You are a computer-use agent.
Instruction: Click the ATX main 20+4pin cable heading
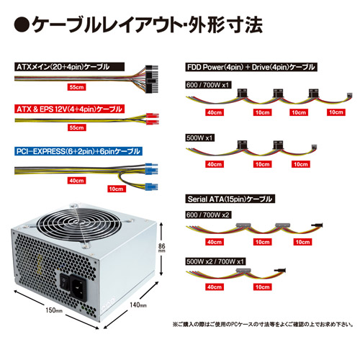point(69,67)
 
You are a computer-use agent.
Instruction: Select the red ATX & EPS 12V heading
point(69,109)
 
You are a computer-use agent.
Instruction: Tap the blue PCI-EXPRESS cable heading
point(78,151)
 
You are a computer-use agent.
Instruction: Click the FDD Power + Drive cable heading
point(251,67)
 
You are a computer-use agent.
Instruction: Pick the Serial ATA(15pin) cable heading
point(230,199)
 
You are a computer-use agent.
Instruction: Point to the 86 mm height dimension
point(162,248)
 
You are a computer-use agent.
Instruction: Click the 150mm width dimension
point(54,310)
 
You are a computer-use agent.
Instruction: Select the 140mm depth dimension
point(138,305)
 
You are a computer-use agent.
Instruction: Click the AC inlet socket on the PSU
point(78,287)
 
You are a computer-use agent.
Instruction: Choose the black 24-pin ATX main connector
point(152,79)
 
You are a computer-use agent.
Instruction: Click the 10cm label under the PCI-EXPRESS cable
point(116,189)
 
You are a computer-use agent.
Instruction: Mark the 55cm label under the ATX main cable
point(76,87)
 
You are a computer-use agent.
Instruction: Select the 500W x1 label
point(199,138)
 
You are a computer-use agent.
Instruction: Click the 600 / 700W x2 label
point(208,215)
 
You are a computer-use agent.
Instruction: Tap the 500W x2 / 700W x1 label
point(215,261)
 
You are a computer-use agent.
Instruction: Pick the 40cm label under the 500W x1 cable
point(215,164)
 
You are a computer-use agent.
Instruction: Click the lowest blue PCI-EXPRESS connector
point(151,186)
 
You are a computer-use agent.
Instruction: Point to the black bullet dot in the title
point(22,24)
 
